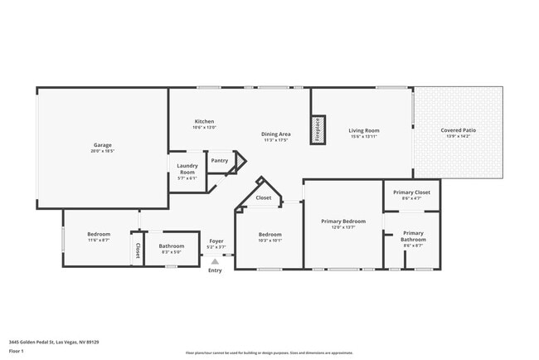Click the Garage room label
(102, 145)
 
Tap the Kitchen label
(204, 121)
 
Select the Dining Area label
(275, 134)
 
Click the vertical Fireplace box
(318, 129)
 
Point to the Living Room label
(363, 130)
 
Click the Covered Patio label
(458, 130)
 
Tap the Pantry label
(219, 161)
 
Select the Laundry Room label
(187, 168)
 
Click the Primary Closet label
(411, 192)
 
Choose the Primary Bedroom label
(343, 221)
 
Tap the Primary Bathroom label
(412, 236)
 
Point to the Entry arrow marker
(215, 261)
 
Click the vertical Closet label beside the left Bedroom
(138, 250)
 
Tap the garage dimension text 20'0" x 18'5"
(102, 152)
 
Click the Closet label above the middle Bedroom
(263, 198)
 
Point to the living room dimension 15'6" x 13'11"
(363, 137)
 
